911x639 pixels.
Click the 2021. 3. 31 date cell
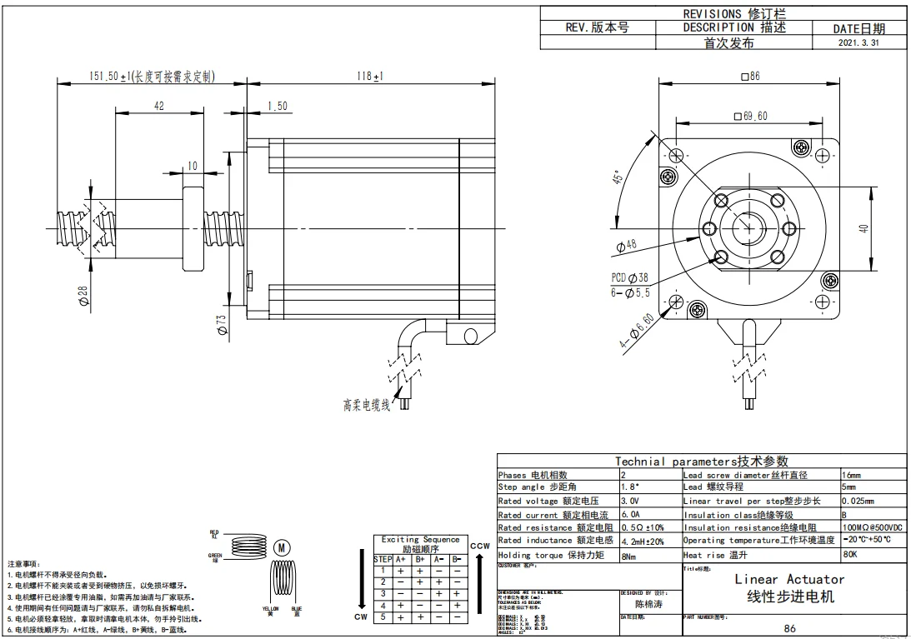[858, 43]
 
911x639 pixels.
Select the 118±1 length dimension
[369, 77]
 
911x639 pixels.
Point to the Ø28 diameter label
[83, 294]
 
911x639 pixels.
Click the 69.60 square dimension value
[749, 116]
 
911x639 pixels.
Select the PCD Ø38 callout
[629, 277]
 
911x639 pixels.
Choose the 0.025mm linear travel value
[859, 502]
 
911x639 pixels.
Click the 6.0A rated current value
[630, 515]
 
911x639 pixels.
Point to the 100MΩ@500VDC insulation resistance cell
[872, 528]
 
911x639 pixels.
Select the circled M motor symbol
[282, 547]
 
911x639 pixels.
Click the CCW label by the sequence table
[479, 547]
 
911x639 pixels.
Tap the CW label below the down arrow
[361, 617]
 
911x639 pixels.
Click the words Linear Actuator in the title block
[789, 579]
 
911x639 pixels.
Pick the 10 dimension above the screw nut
[193, 166]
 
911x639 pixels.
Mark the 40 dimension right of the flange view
[864, 227]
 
